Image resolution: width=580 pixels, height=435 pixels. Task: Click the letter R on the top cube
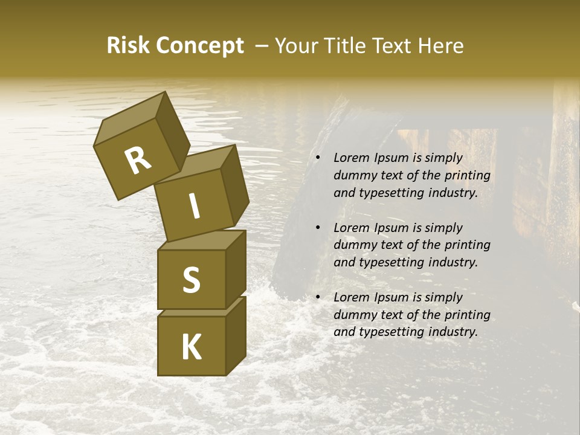138,161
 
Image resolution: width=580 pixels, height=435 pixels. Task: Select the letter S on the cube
191,280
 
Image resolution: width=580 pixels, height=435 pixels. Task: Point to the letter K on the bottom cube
191,347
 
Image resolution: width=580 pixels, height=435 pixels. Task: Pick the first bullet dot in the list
318,158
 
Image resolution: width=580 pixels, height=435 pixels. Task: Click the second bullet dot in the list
318,228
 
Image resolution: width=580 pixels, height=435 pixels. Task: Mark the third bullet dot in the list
318,298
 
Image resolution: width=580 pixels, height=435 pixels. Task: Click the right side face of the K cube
236,335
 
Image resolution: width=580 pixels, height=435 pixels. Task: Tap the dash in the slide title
262,46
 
